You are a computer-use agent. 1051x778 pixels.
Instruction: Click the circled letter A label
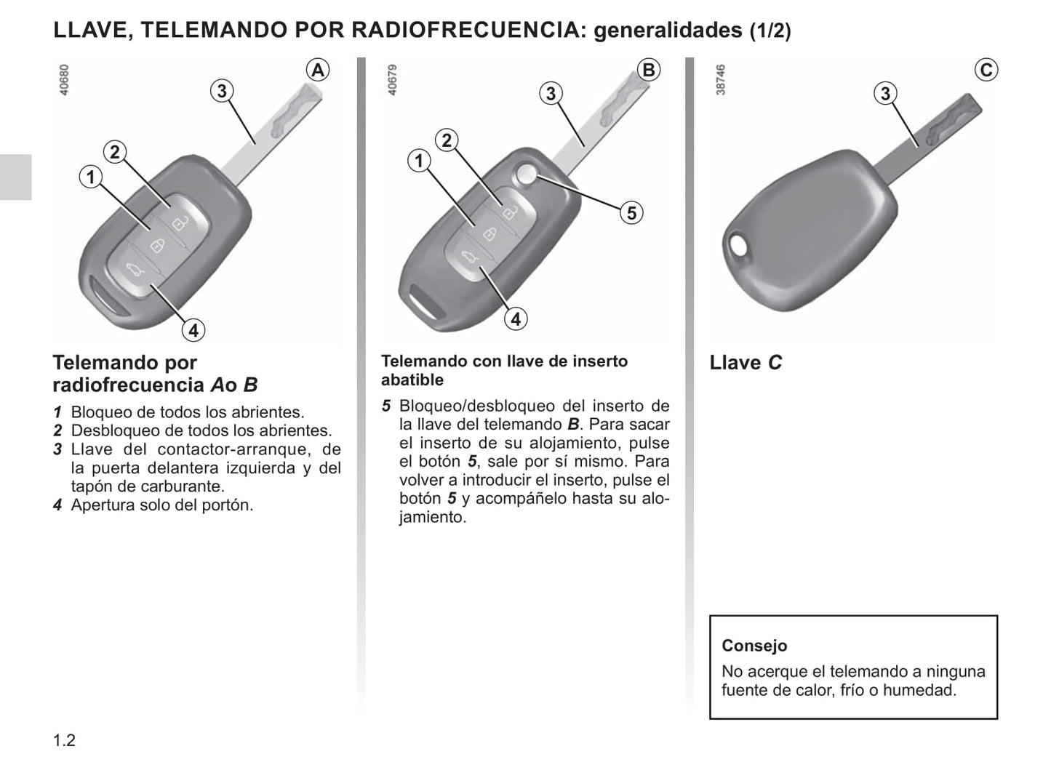pos(317,70)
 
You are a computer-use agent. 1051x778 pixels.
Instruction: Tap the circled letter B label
pos(649,70)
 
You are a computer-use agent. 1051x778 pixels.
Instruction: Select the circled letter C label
pos(986,70)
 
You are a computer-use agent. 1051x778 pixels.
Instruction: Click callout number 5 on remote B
pos(631,213)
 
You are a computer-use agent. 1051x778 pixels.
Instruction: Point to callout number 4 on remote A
pos(193,330)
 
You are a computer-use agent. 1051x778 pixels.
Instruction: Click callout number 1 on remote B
pos(419,161)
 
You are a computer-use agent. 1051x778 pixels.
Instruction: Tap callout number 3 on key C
pos(885,93)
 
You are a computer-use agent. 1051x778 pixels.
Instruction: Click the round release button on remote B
pos(526,174)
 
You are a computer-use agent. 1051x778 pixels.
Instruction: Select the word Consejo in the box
pos(754,646)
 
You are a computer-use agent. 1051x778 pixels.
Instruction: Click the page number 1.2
pos(64,740)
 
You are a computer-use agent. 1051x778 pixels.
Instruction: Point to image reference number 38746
pos(720,79)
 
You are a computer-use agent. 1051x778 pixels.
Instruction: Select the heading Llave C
pos(746,363)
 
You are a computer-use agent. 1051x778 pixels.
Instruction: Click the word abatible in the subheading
pos(412,380)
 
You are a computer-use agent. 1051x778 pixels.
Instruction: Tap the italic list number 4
pos(57,505)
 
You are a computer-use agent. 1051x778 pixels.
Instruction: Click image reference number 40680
pos(64,79)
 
